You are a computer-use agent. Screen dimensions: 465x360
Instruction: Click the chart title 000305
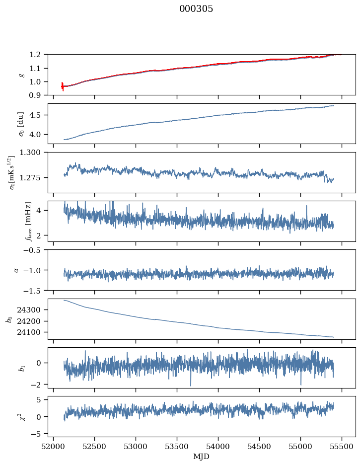click(x=196, y=9)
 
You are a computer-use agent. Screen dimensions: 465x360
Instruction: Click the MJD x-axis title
click(x=202, y=457)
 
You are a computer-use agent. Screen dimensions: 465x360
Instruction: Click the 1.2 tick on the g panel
click(x=38, y=55)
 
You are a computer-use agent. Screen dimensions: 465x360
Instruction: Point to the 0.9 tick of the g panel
click(x=38, y=95)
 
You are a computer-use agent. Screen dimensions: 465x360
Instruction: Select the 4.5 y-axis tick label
click(x=38, y=115)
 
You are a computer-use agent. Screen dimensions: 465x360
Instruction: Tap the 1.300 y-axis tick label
click(x=33, y=153)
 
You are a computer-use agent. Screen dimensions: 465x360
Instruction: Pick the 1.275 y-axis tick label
click(x=33, y=177)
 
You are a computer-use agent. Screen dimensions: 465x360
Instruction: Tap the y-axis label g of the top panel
click(x=21, y=75)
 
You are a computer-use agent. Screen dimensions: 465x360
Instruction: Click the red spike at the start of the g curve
click(x=62, y=86)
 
